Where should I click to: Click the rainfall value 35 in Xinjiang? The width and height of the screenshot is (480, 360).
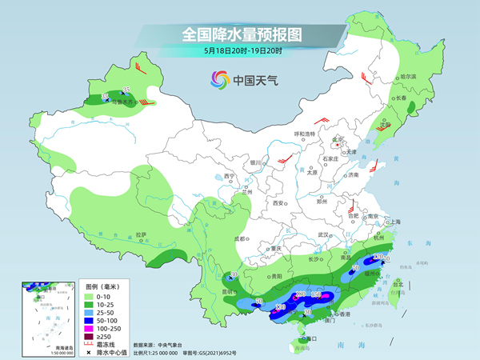tap(126, 89)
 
